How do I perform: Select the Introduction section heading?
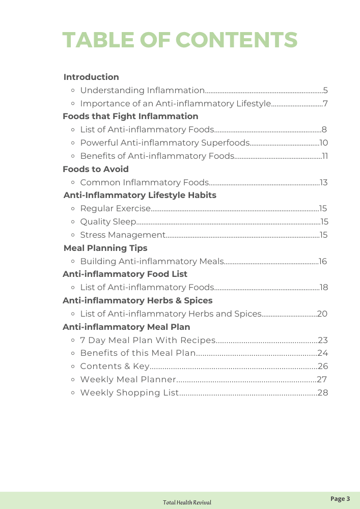(x=91, y=77)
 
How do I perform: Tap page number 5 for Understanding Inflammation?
(x=325, y=91)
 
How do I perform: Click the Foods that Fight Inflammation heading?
(x=130, y=117)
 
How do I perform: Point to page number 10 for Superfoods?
(x=324, y=143)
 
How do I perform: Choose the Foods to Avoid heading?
(x=96, y=169)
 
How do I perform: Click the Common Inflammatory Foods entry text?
(x=145, y=182)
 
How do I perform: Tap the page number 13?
(x=324, y=183)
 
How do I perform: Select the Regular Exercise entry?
(x=116, y=209)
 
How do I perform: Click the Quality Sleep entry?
(x=108, y=222)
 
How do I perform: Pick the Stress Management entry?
(x=123, y=235)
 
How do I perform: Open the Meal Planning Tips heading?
(x=105, y=248)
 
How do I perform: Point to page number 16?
(x=323, y=262)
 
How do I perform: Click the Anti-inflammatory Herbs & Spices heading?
(x=137, y=301)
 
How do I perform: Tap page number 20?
(x=322, y=314)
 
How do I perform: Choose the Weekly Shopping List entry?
(x=130, y=393)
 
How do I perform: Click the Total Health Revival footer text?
(x=187, y=502)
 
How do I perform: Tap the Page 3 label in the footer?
(x=340, y=499)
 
